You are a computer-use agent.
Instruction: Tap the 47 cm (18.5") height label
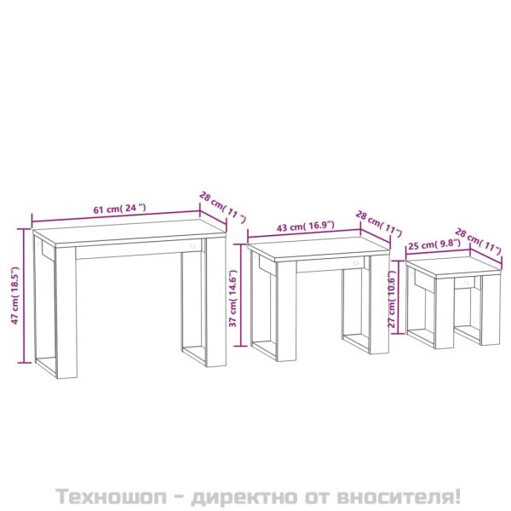(x=14, y=294)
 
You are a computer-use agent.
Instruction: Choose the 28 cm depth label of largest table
(x=215, y=204)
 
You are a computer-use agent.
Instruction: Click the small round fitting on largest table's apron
(x=193, y=247)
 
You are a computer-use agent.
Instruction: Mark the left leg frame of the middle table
(x=263, y=311)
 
